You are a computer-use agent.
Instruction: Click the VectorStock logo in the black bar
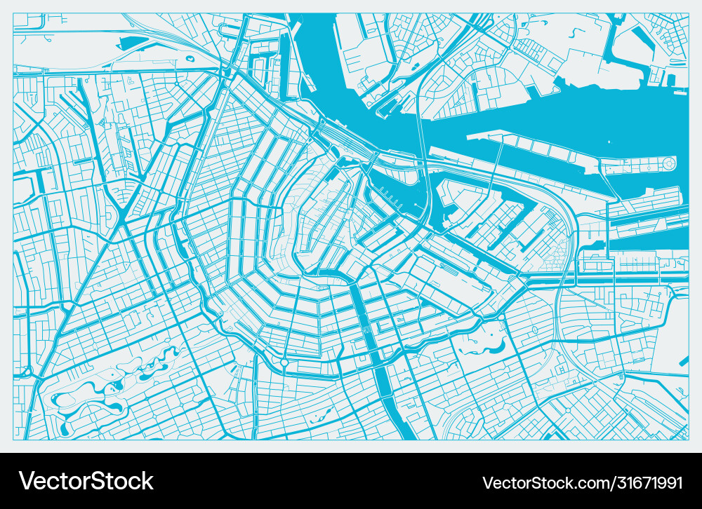tap(86, 481)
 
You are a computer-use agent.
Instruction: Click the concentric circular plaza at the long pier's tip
tap(668, 165)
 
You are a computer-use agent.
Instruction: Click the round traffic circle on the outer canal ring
tap(284, 362)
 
